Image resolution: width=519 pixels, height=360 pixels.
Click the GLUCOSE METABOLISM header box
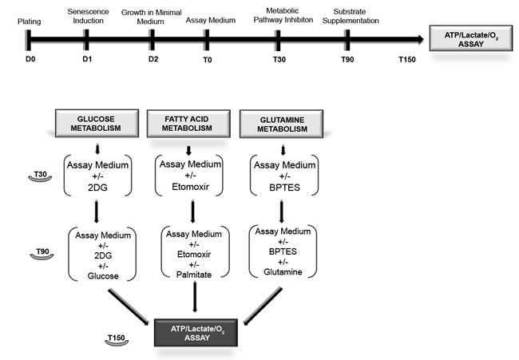(98, 125)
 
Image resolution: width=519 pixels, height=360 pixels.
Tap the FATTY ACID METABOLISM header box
(188, 125)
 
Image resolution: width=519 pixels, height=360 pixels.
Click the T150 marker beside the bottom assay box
(117, 338)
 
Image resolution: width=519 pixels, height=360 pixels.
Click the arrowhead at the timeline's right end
(418, 38)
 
